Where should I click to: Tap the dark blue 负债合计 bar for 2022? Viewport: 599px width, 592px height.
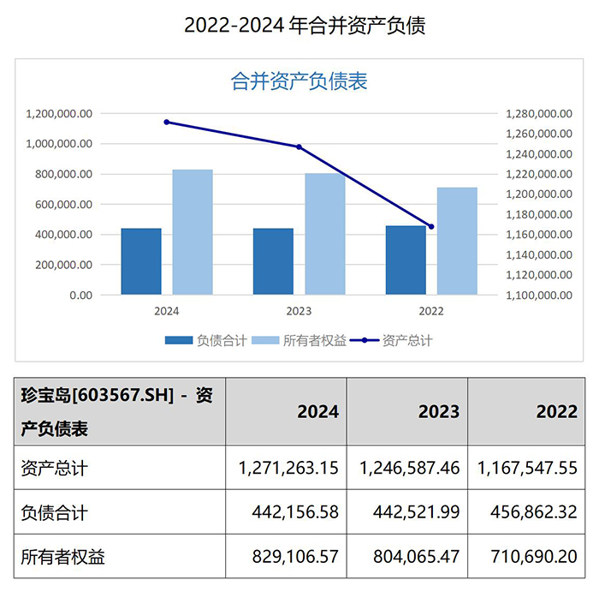406,260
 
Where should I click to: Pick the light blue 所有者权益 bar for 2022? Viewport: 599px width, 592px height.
457,241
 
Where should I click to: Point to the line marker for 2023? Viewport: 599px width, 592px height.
299,147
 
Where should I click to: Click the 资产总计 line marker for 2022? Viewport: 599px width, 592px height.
431,227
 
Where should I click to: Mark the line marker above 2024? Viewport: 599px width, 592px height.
167,122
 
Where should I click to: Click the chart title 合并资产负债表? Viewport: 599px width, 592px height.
299,81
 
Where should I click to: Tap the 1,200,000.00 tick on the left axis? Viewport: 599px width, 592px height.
59,114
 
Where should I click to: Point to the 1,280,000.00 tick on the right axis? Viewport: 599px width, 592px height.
538,114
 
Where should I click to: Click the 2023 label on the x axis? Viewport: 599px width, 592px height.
299,311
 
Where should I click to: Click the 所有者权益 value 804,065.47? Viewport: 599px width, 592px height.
409,556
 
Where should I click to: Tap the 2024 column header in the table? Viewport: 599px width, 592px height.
317,411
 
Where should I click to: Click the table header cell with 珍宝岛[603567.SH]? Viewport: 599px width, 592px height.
119,411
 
